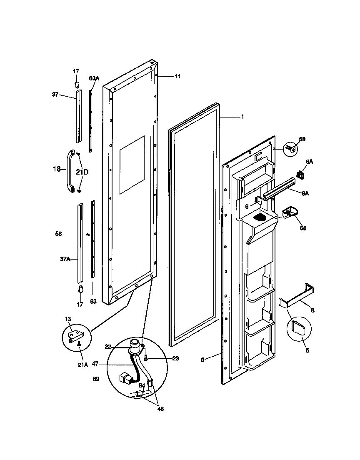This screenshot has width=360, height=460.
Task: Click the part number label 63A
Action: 94,78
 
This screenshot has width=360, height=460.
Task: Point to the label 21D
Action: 82,171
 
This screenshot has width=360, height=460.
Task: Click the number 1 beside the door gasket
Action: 242,117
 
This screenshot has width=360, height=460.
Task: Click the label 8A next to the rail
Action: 305,192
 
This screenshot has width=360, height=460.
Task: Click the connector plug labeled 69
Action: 125,379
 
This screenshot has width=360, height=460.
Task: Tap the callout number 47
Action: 95,364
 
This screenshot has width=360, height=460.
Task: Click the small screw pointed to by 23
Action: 145,357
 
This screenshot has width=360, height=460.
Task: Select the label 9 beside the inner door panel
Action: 202,359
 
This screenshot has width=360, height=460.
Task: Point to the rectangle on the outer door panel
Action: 132,165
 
